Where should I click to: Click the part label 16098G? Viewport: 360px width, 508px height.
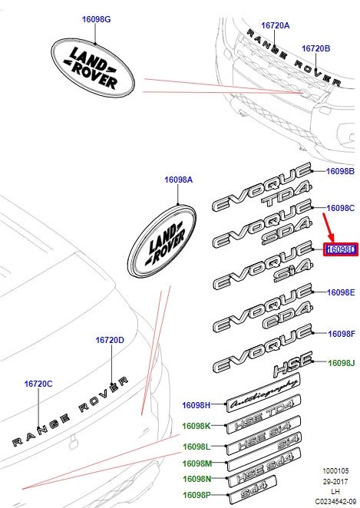(96, 19)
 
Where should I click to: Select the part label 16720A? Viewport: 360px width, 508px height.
(276, 25)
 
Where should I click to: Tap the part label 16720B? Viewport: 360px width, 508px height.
(316, 48)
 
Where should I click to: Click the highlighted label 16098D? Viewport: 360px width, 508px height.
(341, 249)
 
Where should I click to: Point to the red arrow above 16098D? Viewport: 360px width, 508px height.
(329, 228)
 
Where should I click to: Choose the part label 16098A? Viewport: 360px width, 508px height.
(179, 180)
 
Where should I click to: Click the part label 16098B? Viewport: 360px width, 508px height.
(340, 171)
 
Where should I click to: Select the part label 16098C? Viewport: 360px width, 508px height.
(341, 208)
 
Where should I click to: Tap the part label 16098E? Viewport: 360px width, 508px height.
(341, 292)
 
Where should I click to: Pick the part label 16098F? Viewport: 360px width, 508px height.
(342, 334)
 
